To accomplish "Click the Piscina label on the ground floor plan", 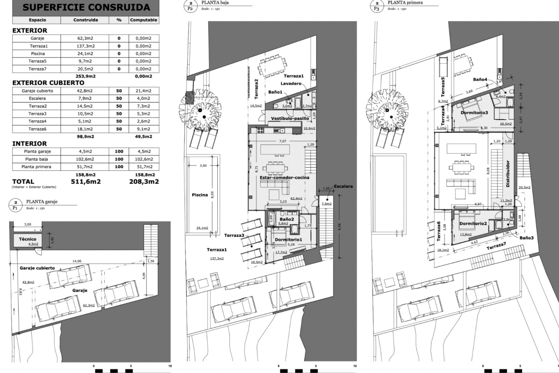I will pos(200,195).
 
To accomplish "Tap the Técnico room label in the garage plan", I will pos(28,239).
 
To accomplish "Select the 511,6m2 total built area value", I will pos(86,182).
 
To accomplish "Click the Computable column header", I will pos(144,20).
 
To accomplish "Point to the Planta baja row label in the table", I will pos(36,159).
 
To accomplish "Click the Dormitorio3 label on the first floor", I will pos(474,112).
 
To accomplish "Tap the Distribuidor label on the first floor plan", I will pos(508,174).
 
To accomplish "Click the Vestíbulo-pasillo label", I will pos(290,118).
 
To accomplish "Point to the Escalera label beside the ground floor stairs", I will pos(343,186).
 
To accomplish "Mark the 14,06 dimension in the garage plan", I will pos(77,261).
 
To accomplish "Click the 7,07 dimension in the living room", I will pos(282,141).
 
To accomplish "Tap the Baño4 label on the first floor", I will pos(480,79).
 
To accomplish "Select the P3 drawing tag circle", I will pos(376,6).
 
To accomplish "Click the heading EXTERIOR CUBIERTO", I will pos(48,83).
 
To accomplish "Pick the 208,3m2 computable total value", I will pos(144,182).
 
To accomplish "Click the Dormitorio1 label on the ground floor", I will pos(288,240).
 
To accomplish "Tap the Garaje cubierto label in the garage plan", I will pos(37,268).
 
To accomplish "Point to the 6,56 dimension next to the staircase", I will pos(339,226).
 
